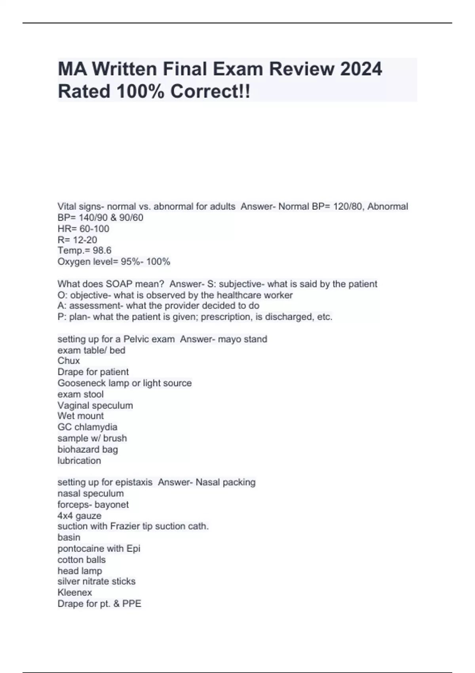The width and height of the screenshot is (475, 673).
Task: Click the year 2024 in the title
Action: (x=361, y=69)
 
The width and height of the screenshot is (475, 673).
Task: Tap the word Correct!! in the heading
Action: (x=210, y=92)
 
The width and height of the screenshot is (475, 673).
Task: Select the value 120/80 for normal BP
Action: (x=348, y=206)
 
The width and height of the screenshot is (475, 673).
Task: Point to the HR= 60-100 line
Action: (x=83, y=229)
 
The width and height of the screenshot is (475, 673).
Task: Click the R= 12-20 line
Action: (x=77, y=240)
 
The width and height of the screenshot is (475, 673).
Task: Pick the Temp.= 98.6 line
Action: (x=84, y=251)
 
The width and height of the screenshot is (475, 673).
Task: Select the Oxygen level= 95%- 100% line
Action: (x=114, y=262)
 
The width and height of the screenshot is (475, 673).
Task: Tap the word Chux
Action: (x=68, y=361)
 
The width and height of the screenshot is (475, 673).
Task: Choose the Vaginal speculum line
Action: (x=95, y=405)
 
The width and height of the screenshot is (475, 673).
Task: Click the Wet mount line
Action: (x=80, y=416)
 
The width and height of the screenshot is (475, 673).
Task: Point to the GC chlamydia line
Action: (x=87, y=427)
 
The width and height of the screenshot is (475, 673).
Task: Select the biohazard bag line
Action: (x=87, y=450)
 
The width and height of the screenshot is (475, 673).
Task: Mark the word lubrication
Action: (x=79, y=461)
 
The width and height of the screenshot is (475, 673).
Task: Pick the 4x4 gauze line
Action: (x=79, y=516)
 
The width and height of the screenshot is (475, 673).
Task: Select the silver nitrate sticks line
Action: (x=96, y=582)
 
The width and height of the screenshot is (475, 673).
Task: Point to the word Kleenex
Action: (x=74, y=593)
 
